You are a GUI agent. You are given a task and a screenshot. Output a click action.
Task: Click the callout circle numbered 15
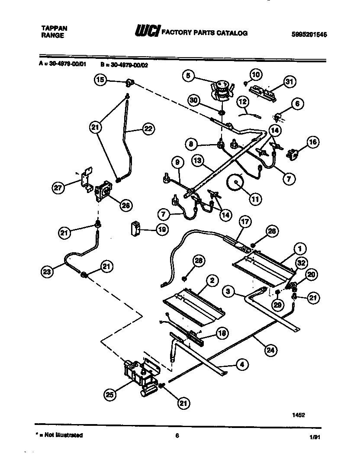point(100,80)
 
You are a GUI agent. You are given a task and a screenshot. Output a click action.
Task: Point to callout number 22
point(148,129)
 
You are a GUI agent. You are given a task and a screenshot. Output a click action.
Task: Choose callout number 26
point(126,206)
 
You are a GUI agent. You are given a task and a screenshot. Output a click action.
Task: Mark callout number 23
point(47,272)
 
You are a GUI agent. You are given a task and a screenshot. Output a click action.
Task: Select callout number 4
point(241,365)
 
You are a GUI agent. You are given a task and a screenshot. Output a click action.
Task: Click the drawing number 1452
point(299,414)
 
